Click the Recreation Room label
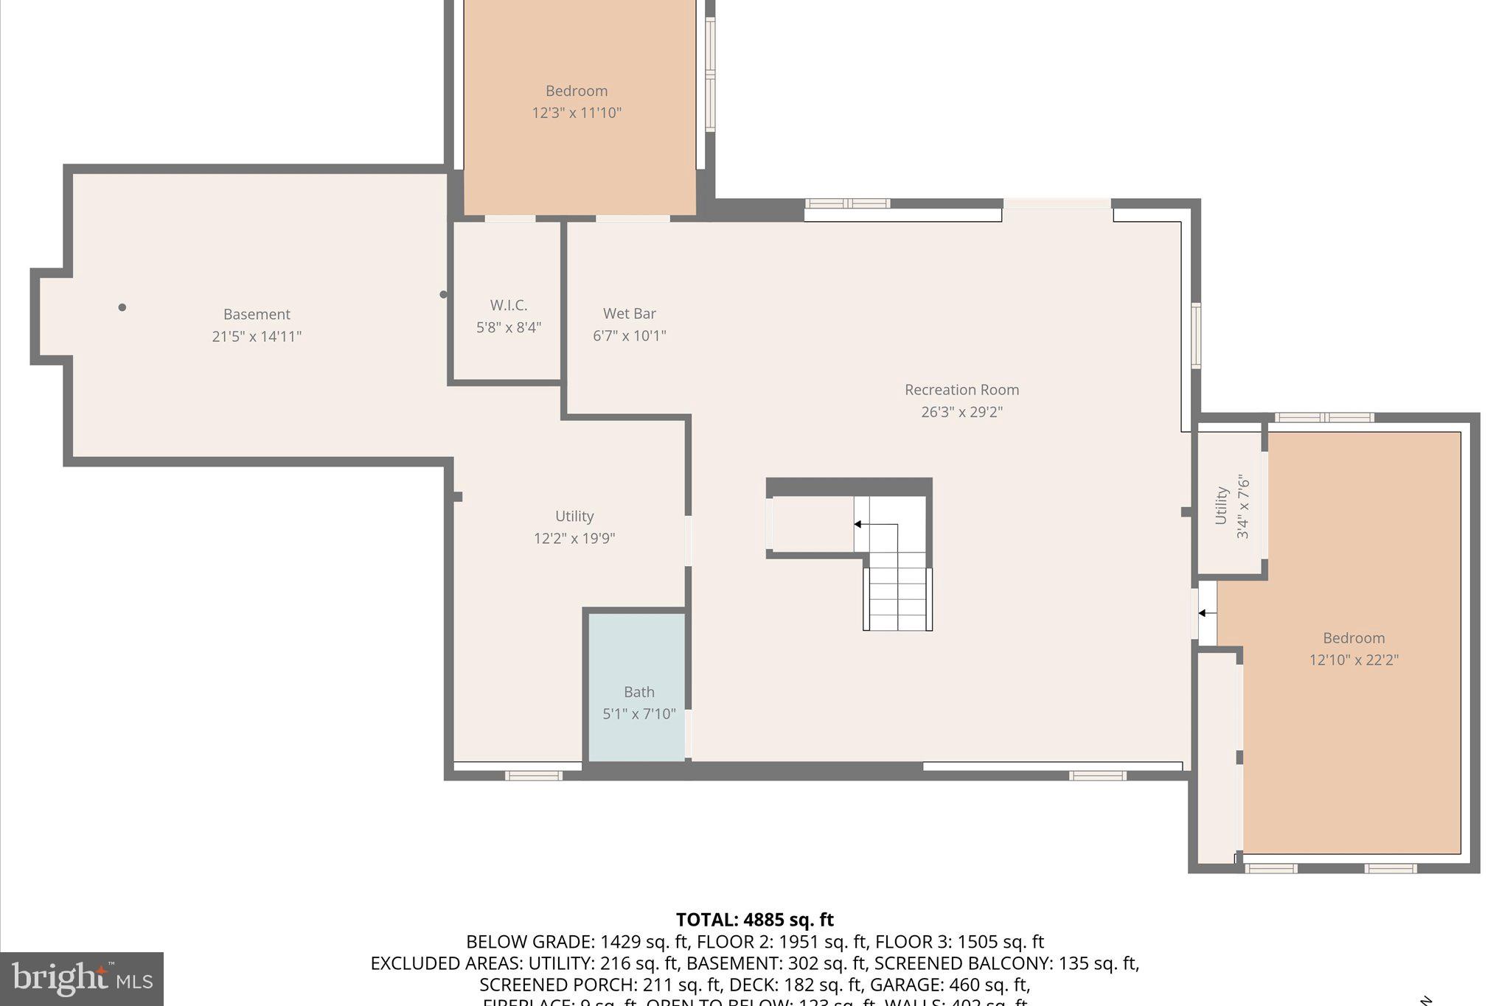point(961,390)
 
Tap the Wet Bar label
point(629,314)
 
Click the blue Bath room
point(637,685)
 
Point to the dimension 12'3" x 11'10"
point(577,113)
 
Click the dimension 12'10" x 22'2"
point(1353,660)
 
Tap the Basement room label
point(257,315)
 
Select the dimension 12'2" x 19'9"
point(574,539)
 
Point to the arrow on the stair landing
point(858,525)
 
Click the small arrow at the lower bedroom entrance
point(1203,613)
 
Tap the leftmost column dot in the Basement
point(122,307)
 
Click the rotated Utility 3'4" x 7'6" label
point(1231,506)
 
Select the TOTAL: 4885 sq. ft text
point(754,920)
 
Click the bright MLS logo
point(82,979)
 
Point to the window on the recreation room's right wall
point(1196,335)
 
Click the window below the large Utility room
point(533,775)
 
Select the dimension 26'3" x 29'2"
point(961,412)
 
